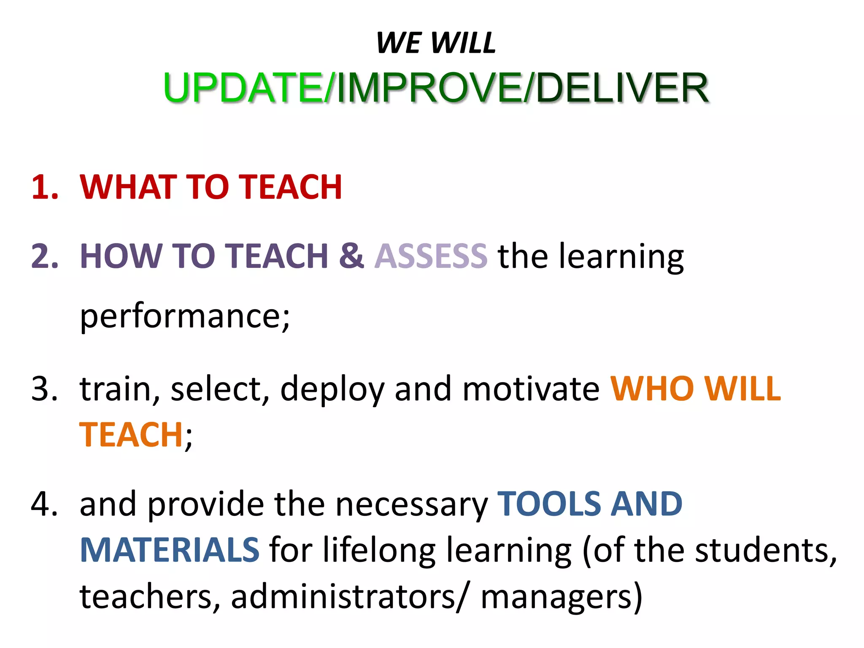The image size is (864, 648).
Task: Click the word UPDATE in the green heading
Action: tap(244, 88)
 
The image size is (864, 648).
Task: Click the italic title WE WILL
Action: tap(436, 43)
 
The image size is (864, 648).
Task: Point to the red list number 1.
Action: tap(44, 187)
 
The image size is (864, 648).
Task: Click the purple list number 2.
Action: tap(44, 256)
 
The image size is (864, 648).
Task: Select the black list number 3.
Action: tap(44, 389)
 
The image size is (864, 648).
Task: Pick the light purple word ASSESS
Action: tap(431, 256)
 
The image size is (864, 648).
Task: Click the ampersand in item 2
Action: tap(351, 256)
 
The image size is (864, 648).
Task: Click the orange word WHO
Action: tap(652, 389)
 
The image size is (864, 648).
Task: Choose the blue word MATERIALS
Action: tap(170, 550)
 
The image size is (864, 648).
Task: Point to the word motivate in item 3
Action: tap(531, 389)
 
